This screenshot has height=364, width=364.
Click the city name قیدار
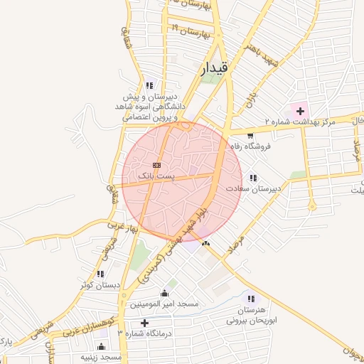click(x=213, y=68)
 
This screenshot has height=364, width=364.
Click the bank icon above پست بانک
click(x=156, y=165)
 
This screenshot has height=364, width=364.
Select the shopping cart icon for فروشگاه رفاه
click(x=250, y=134)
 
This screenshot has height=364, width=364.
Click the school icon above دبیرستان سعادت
click(x=253, y=178)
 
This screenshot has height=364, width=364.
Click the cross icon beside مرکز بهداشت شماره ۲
click(x=300, y=110)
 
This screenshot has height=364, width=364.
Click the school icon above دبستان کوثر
click(x=100, y=274)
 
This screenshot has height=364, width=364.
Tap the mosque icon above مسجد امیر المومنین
click(x=165, y=293)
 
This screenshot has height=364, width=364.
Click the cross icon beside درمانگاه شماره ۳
click(x=145, y=323)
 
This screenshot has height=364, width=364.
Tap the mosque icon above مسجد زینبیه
click(x=101, y=347)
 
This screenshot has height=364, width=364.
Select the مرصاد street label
click(x=234, y=247)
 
